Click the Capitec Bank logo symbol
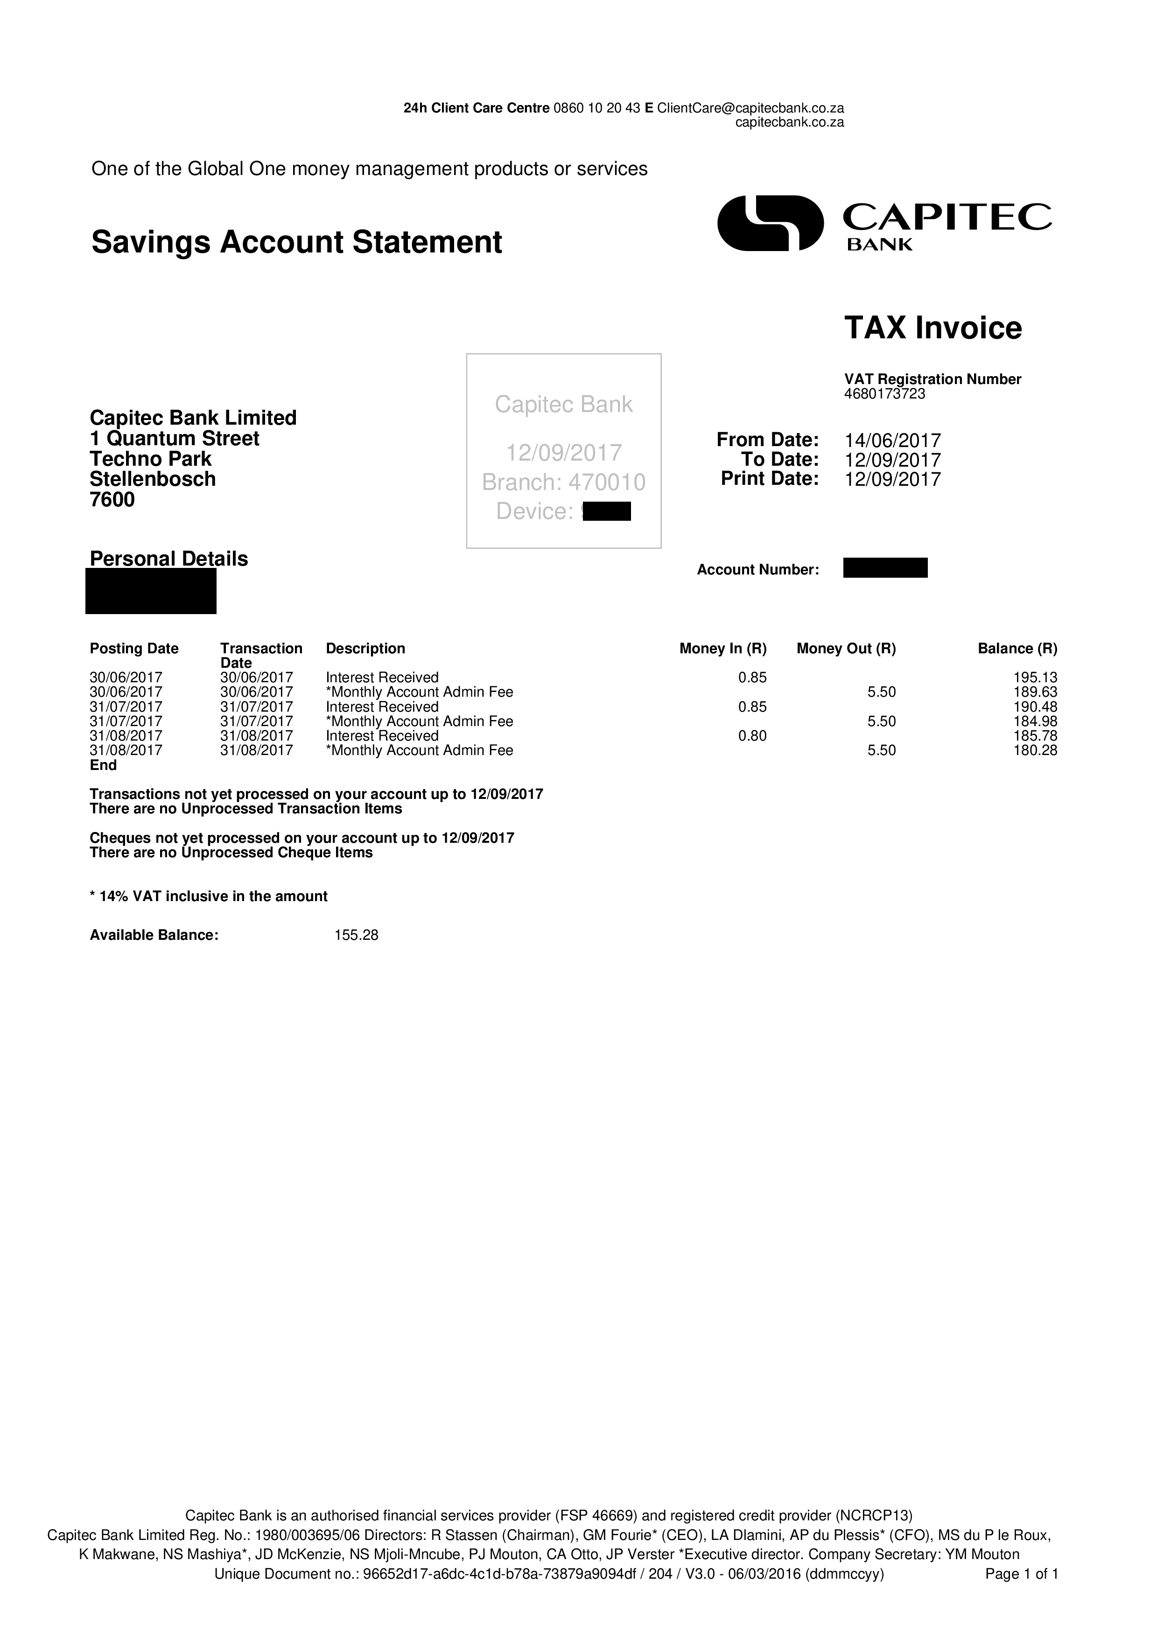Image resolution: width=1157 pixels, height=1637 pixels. pos(770,223)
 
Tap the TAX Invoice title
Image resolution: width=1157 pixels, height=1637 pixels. pos(933,328)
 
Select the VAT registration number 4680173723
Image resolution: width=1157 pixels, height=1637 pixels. pos(885,393)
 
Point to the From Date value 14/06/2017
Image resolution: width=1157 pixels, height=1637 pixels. pos(892,441)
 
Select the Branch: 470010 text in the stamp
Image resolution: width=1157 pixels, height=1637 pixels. pos(563,483)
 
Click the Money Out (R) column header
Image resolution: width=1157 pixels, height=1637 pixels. pos(846,648)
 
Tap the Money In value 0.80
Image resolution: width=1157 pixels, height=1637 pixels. pos(752,736)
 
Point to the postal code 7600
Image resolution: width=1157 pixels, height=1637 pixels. pos(112,500)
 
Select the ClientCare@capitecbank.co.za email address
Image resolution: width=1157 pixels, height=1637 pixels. pos(750,108)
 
